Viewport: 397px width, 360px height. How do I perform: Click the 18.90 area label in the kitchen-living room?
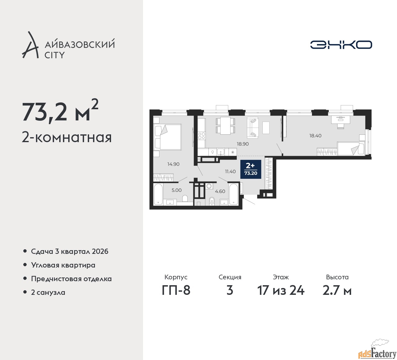(x=243, y=144)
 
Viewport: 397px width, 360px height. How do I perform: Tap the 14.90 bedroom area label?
(x=173, y=164)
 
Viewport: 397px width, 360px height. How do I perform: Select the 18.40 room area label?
(x=315, y=136)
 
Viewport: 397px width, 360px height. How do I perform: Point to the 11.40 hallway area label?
(x=230, y=171)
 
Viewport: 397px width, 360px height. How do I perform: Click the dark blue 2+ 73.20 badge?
(x=251, y=169)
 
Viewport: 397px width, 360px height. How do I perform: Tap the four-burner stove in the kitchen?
(x=202, y=136)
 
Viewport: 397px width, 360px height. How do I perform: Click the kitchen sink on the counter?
(x=221, y=152)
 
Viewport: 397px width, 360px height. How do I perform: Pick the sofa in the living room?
(x=252, y=127)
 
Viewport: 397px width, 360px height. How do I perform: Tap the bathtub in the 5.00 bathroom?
(x=158, y=195)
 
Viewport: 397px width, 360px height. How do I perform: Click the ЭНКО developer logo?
(x=341, y=45)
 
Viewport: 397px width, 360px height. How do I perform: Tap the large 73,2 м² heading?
(x=60, y=111)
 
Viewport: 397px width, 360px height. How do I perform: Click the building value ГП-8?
(x=176, y=290)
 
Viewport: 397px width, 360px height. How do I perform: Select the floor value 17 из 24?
(x=281, y=290)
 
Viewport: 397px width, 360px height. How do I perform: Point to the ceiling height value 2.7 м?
(x=337, y=290)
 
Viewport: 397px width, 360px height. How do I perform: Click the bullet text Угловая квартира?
(x=63, y=265)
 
